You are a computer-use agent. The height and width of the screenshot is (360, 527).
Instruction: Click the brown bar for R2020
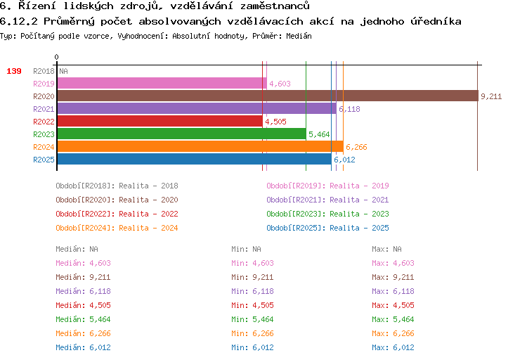pos(268,96)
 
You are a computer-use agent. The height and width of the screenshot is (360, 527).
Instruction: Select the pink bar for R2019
pos(162,84)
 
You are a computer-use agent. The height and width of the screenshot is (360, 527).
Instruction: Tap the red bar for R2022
pos(160,121)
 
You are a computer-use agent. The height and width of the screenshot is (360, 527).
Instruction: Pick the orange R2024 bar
pos(200,147)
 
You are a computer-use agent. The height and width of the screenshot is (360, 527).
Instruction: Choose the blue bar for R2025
pos(194,159)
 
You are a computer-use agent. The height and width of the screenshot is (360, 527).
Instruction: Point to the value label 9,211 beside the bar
pos(491,96)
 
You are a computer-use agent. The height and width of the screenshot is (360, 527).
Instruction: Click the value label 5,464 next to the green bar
pos(319,134)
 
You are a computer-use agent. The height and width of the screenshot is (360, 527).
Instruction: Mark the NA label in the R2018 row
pos(63,71)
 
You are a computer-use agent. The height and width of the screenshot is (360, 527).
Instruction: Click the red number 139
pos(14,71)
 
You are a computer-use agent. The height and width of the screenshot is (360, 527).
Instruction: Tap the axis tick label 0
pos(56,57)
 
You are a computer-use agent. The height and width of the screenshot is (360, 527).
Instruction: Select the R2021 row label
pos(44,109)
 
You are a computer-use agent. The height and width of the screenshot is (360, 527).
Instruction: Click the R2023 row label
pos(44,134)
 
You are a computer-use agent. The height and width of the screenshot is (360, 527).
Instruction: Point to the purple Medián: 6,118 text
pos(83,291)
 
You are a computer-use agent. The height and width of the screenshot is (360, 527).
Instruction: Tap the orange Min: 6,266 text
pos(252,333)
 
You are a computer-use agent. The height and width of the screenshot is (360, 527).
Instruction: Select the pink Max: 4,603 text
pos(393,263)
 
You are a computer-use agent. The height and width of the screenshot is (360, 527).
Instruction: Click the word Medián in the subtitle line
pos(299,36)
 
